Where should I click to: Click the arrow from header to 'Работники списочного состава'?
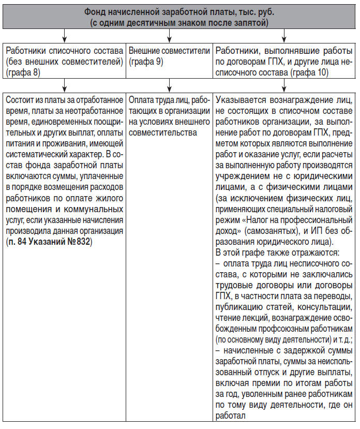64,36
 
